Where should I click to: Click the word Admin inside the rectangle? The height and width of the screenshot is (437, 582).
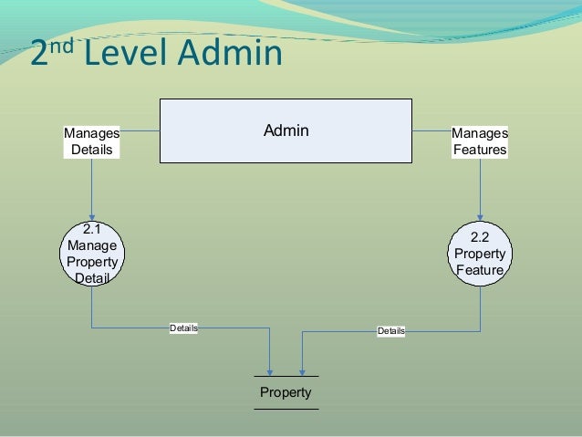coord(286,131)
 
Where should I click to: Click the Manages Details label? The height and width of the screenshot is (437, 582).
coord(91,141)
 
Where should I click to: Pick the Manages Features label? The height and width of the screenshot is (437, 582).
coord(480,141)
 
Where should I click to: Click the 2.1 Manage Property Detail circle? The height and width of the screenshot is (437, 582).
coord(91,254)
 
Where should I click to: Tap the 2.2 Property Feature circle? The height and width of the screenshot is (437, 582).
coord(480,254)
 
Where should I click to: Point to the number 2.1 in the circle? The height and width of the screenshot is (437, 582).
coord(91,230)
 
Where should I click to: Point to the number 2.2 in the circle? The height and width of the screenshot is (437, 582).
coord(480,237)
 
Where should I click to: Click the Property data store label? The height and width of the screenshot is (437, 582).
coord(286,392)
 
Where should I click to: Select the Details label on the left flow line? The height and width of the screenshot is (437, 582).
coord(184,327)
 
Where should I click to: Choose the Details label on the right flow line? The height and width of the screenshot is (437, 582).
coord(391,330)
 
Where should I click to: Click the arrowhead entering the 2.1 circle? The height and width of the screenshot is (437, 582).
coord(91,215)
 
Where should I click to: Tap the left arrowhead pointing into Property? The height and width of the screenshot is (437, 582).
coord(270,370)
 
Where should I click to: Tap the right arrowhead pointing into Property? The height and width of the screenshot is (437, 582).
coord(301,370)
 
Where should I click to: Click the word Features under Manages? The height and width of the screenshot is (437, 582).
coord(480,150)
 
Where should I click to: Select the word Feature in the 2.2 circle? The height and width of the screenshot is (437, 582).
coord(480,270)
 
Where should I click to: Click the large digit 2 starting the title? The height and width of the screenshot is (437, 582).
coord(39,57)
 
